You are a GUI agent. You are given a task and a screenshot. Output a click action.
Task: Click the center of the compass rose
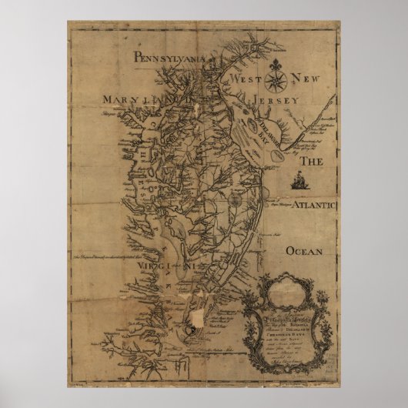tap(278, 78)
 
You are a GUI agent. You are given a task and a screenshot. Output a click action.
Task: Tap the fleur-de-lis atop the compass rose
tap(278, 60)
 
